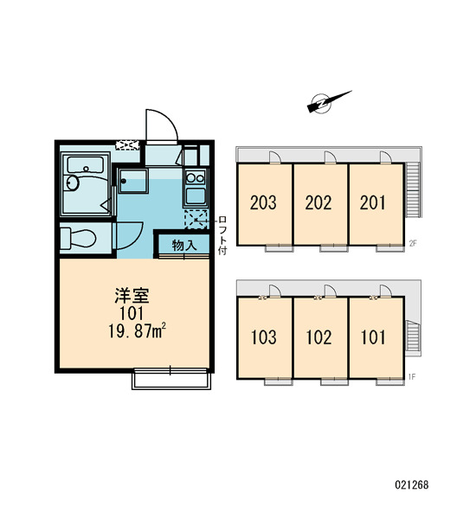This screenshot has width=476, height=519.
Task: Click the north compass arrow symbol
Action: pyautogui.click(x=329, y=101)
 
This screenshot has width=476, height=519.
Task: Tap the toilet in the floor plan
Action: pyautogui.click(x=79, y=238)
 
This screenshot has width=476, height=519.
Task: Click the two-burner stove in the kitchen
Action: pyautogui.click(x=196, y=178)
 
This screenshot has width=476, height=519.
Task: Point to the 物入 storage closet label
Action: pyautogui.click(x=184, y=246)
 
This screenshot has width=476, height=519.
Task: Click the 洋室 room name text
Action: pyautogui.click(x=132, y=296)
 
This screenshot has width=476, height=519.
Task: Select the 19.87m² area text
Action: pyautogui.click(x=137, y=331)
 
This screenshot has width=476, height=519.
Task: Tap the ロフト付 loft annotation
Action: pyautogui.click(x=222, y=235)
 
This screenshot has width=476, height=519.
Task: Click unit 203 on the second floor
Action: pyautogui.click(x=263, y=202)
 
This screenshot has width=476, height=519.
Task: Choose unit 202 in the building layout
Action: pyautogui.click(x=318, y=202)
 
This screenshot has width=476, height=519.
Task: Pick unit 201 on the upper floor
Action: pyautogui.click(x=373, y=202)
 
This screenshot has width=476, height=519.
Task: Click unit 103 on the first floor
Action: pyautogui.click(x=264, y=337)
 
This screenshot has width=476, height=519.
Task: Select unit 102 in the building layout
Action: pyautogui.click(x=318, y=337)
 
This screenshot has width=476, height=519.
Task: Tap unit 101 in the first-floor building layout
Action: pyautogui.click(x=373, y=337)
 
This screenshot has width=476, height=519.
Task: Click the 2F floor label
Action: pyautogui.click(x=413, y=244)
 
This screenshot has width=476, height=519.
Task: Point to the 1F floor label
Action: pyautogui.click(x=412, y=376)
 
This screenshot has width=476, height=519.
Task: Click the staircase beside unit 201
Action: pyautogui.click(x=413, y=189)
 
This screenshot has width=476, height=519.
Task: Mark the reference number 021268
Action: pyautogui.click(x=412, y=485)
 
